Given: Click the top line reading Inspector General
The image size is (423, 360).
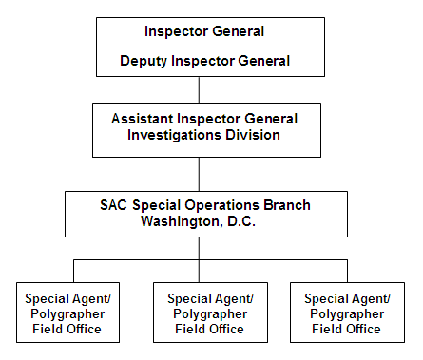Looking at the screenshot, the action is tap(204, 31).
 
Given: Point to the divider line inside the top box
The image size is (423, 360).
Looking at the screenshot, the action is tap(207, 47).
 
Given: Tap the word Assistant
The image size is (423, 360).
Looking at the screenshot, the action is tap(144, 119).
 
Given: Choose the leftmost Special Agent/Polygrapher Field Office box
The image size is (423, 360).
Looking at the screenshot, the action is tap(67, 313).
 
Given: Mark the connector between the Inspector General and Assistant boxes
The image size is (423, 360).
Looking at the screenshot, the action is tap(199, 89).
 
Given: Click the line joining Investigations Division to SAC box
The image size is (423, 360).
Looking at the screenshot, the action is tap(199, 174).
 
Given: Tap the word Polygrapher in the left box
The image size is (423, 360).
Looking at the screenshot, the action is tap(67, 313).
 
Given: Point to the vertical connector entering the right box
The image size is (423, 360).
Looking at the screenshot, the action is tap(343, 269).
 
